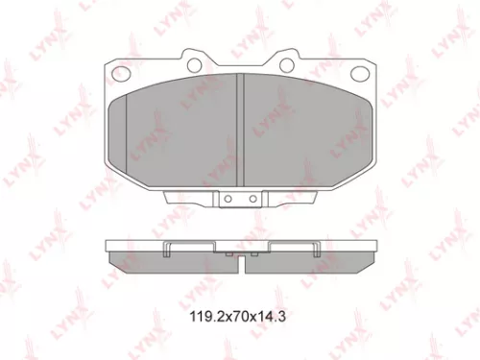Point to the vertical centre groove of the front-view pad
tap(241, 130)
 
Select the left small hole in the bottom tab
tap(229, 201)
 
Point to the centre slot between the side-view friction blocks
tap(241, 256)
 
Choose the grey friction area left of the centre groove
tap(182, 130)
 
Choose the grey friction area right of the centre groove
tap(302, 130)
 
